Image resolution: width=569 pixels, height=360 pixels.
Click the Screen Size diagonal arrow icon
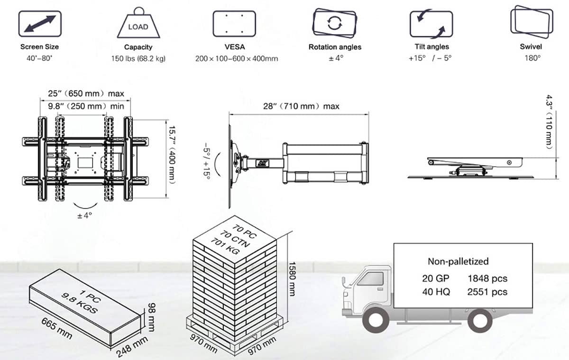point(40,24)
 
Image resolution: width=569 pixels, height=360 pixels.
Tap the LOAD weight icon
point(138,22)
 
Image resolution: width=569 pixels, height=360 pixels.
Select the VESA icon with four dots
point(234,24)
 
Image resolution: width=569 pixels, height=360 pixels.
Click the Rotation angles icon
point(335,23)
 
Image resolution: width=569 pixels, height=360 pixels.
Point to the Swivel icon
point(532,22)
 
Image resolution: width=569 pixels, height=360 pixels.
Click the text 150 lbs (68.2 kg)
point(138,59)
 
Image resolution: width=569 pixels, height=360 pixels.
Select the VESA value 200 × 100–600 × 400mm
point(237,59)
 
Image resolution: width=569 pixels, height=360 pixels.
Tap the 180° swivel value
point(532,58)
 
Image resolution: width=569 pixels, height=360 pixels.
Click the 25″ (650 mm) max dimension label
point(86,93)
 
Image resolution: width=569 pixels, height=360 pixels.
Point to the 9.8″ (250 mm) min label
point(86,106)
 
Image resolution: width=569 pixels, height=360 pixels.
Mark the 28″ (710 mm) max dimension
point(301,106)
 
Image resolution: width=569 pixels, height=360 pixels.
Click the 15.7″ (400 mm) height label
point(172,155)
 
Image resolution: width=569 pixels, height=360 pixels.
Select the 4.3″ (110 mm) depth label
point(550,122)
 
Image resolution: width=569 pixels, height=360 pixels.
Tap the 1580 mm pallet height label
point(292,279)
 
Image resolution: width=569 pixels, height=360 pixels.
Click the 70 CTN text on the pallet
point(235,239)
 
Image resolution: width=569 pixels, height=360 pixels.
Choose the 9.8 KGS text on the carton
point(80,303)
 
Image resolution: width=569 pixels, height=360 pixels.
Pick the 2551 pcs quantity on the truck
point(487,292)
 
